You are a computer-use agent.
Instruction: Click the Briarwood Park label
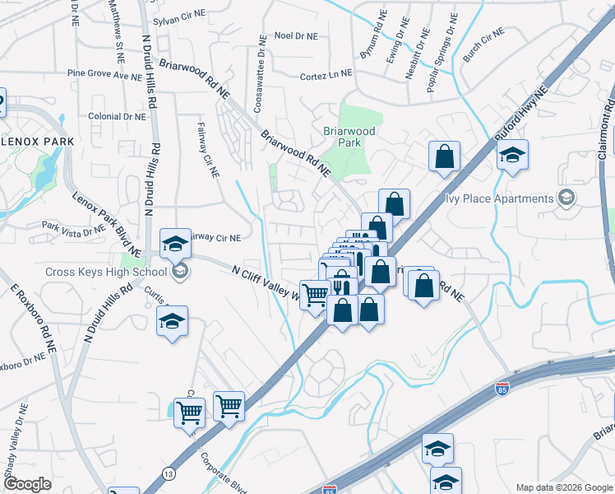tap(349, 137)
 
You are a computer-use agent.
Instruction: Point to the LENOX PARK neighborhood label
tap(37, 142)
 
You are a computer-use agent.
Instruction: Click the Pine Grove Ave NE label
tap(105, 74)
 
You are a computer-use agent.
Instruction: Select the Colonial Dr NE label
tap(117, 117)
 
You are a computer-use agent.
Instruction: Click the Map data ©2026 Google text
tap(563, 487)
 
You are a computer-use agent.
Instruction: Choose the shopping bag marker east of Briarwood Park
tap(444, 155)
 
